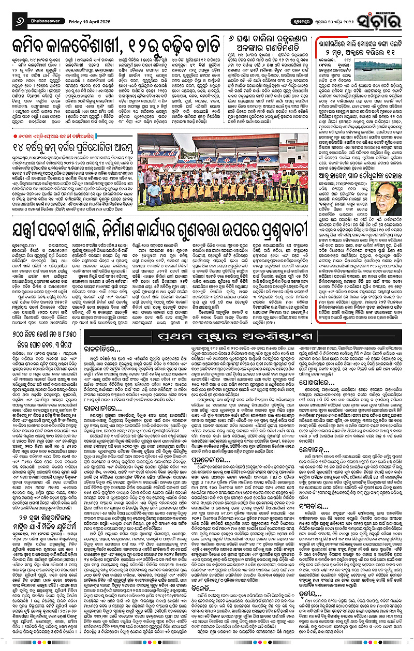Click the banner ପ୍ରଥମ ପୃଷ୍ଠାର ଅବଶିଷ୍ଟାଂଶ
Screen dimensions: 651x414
[257, 338]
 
